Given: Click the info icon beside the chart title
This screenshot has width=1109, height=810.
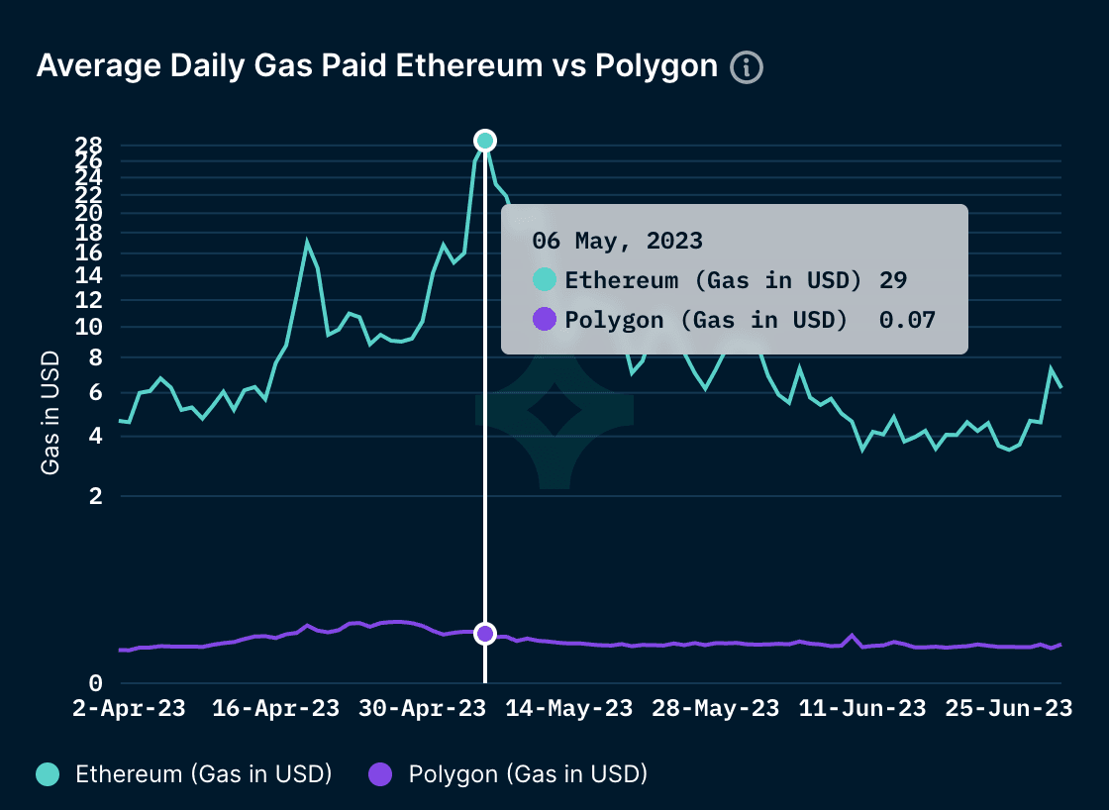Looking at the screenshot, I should [x=747, y=67].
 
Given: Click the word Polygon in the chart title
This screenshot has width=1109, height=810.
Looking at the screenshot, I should [x=657, y=65].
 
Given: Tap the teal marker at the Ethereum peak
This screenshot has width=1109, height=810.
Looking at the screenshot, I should [x=484, y=140].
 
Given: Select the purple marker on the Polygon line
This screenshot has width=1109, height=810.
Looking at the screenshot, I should [x=484, y=634].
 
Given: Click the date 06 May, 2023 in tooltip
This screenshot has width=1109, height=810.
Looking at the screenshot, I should [x=617, y=241].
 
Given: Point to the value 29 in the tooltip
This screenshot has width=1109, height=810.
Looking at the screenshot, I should [x=893, y=280].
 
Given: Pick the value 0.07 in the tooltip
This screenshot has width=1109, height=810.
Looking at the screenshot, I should [x=908, y=319].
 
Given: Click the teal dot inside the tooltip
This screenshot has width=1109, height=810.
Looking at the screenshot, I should [x=545, y=280].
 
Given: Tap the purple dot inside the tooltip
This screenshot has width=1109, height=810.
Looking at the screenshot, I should [x=545, y=319].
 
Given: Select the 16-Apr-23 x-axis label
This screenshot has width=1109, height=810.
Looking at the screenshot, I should [x=277, y=709].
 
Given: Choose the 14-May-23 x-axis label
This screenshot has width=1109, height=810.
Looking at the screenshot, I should [x=570, y=709].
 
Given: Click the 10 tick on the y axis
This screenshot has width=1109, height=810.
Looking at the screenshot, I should [x=90, y=328].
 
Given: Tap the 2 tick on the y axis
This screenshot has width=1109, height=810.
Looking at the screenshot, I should [x=96, y=497].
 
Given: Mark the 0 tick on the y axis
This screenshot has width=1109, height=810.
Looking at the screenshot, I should [x=96, y=683].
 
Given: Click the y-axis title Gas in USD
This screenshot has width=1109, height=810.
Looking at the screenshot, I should [x=50, y=413].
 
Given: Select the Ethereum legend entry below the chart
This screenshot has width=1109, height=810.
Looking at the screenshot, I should [x=183, y=774].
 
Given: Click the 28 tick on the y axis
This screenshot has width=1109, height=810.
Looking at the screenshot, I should [x=90, y=145].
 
